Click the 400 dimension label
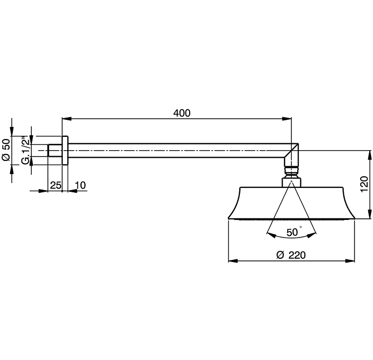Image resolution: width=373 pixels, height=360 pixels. click(182, 113)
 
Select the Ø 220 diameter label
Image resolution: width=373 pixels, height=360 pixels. click(291, 255)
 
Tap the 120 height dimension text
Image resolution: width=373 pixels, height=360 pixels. click(364, 184)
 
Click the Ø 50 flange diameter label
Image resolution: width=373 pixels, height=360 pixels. click(6, 150)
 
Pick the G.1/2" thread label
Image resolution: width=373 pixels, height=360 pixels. click(26, 150)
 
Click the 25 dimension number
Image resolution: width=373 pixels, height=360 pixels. click(55, 185)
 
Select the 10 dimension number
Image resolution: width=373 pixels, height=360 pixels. click(80, 185)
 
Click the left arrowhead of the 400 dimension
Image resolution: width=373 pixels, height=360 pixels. click(67, 118)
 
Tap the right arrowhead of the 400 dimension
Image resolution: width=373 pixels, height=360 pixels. click(287, 118)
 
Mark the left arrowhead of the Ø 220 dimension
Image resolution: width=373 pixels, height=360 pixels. click(233, 261)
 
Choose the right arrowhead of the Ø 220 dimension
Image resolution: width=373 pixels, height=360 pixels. click(350, 261)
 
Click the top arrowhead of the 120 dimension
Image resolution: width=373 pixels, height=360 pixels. click(370, 156)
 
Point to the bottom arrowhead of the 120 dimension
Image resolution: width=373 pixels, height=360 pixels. click(370, 214)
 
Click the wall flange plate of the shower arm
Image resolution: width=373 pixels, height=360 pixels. click(65, 151)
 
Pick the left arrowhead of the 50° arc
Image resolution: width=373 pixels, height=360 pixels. click(271, 235)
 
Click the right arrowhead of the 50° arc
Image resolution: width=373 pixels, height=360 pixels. click(312, 235)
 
